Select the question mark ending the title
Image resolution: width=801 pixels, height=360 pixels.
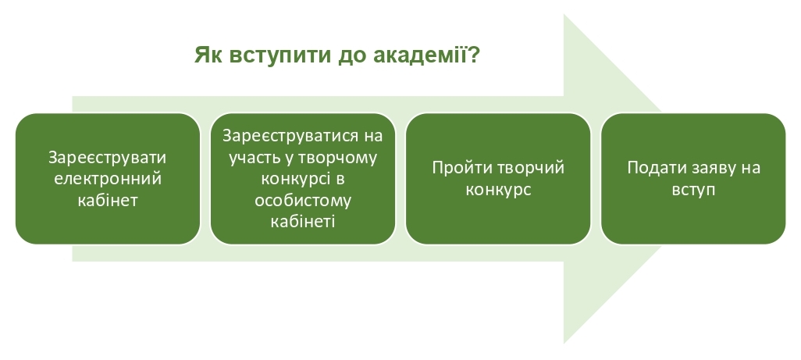point(473,54)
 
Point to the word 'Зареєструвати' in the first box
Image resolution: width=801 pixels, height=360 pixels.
point(107,157)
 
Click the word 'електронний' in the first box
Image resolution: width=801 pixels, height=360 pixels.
point(108,179)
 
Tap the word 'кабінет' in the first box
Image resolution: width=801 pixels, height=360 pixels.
point(108,200)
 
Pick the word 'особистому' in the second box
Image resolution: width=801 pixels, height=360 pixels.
point(303,201)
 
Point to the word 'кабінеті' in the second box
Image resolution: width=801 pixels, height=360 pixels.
point(302,222)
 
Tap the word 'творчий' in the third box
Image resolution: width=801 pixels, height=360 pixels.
point(531,168)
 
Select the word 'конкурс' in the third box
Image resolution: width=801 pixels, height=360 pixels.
point(498,190)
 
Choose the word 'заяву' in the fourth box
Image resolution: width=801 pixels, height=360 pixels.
point(713,169)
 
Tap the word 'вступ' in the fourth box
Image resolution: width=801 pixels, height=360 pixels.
point(693,190)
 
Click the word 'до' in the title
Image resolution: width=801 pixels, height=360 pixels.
point(352,56)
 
